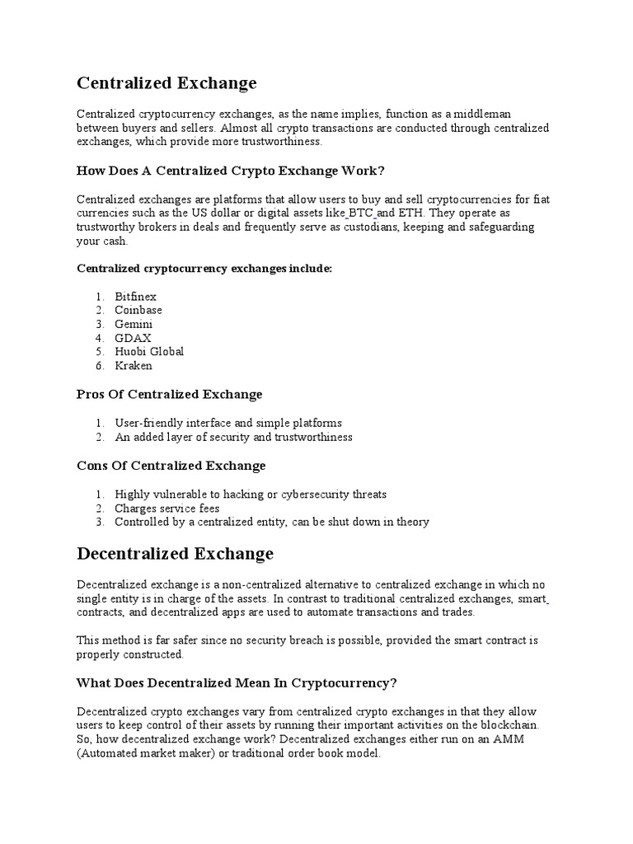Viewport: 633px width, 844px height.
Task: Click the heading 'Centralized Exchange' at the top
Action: point(166,83)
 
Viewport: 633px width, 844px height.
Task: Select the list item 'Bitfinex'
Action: point(135,296)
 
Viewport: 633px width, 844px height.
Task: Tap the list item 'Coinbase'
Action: point(138,310)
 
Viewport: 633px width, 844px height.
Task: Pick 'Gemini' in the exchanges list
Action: point(134,324)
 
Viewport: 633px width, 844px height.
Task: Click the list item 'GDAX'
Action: point(133,338)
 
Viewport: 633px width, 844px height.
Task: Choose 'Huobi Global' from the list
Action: point(149,352)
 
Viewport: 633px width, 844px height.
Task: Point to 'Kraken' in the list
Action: point(134,366)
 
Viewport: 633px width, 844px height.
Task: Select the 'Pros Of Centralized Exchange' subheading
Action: point(169,395)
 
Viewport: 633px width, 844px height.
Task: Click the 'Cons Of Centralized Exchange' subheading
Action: point(171,466)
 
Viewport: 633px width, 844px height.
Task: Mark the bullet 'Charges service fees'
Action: point(167,509)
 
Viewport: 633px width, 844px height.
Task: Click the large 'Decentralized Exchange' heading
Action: point(175,552)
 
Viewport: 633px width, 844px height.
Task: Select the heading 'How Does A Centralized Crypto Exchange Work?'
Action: point(231,171)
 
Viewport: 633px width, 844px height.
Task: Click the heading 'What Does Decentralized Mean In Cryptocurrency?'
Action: point(237,682)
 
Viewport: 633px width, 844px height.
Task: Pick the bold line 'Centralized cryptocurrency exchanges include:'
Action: point(204,269)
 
